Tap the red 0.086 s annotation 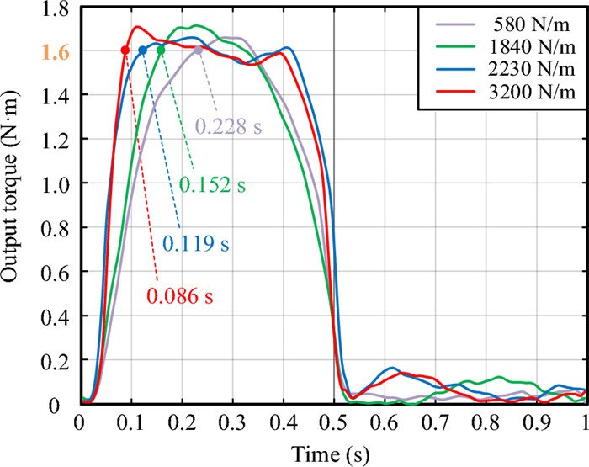point(180,296)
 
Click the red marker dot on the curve point(125,50)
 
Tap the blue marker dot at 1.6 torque point(142,50)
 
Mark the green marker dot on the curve point(161,50)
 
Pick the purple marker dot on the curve point(198,50)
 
